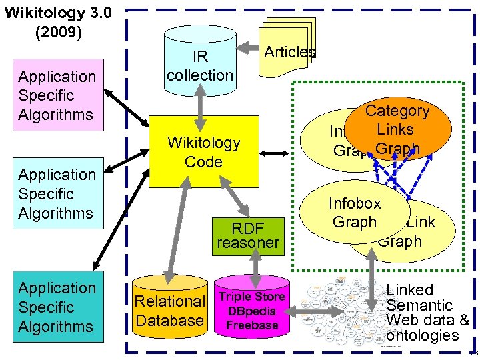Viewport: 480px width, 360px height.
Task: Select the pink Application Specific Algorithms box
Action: tap(57, 95)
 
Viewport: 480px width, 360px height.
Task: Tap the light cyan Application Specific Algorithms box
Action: tap(57, 194)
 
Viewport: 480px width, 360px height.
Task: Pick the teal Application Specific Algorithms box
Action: tap(57, 307)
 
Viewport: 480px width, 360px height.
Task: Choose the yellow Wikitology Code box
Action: tap(203, 152)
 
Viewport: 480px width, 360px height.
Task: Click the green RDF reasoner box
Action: tap(247, 235)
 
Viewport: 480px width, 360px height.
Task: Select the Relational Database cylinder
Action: tap(170, 311)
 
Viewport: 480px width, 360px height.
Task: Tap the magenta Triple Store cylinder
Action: tap(252, 311)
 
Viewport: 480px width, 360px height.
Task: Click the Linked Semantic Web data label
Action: tap(427, 313)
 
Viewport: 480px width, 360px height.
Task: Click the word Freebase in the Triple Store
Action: tap(252, 325)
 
